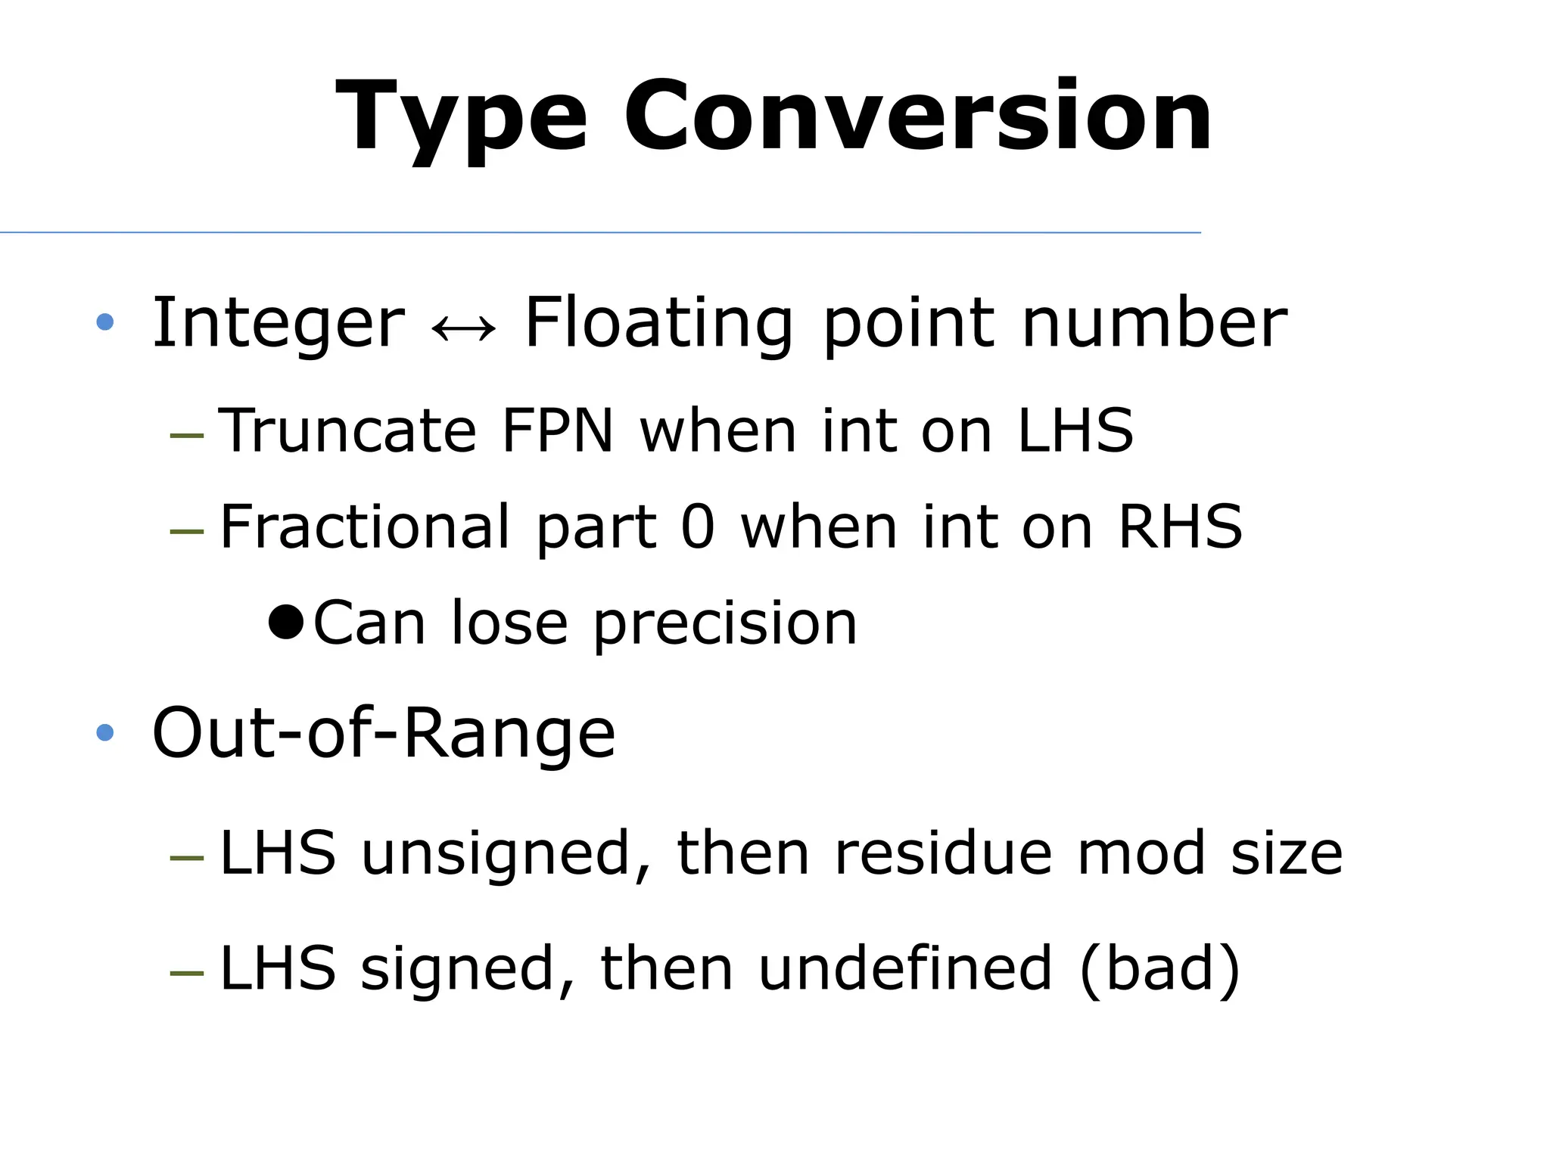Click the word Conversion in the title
point(917,117)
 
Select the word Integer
point(279,324)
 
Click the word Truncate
point(347,431)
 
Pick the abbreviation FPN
point(557,431)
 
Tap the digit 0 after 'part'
point(697,527)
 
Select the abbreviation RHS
point(1180,527)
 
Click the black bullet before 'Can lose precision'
point(286,623)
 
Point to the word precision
point(725,625)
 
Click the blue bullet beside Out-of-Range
point(105,732)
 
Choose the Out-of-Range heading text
point(384,732)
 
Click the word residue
point(942,853)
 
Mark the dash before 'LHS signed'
point(187,972)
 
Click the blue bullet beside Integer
point(105,323)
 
